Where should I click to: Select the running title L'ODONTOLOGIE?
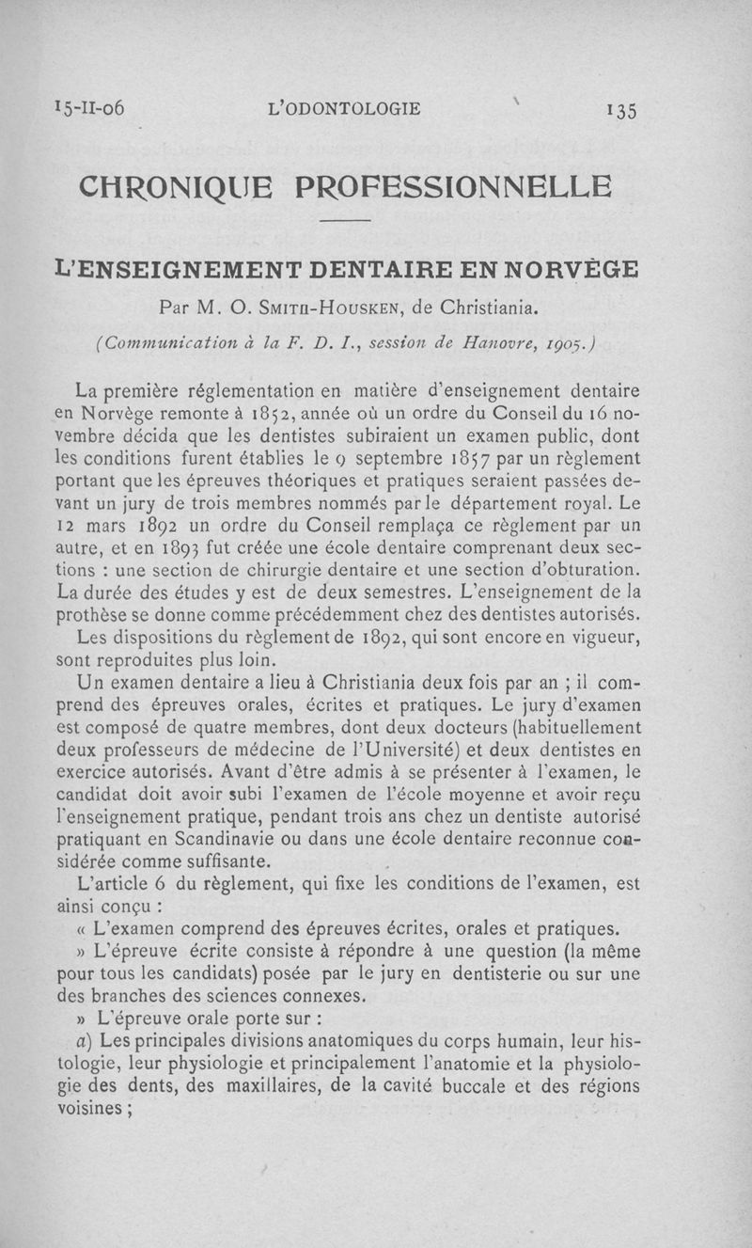point(344,108)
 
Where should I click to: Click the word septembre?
point(382,458)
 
